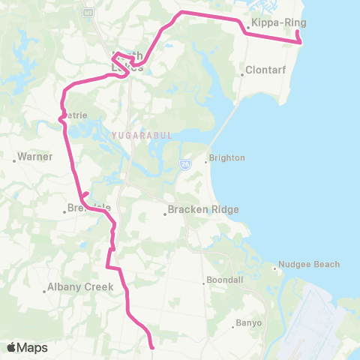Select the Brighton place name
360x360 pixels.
click(x=227, y=159)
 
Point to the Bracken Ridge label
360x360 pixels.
click(x=203, y=210)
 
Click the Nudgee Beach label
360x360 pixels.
click(x=309, y=264)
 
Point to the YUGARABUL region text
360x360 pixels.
click(x=131, y=135)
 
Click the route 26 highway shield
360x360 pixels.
click(x=184, y=163)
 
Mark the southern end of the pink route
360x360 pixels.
click(x=152, y=347)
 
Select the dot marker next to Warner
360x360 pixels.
click(x=14, y=159)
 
